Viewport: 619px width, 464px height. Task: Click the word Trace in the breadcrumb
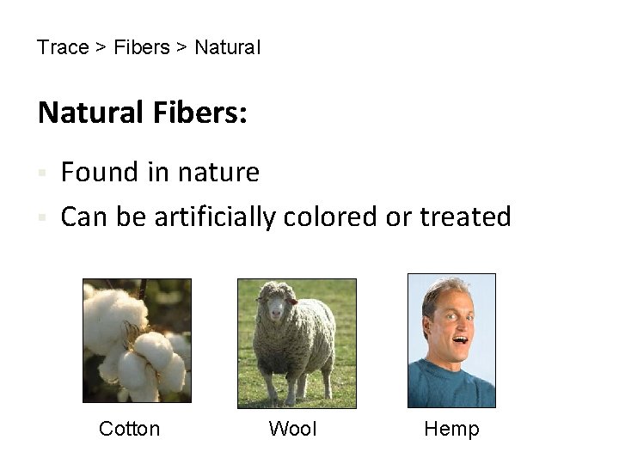pos(63,47)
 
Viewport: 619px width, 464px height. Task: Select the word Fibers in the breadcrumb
pos(142,47)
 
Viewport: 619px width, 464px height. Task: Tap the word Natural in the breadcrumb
pos(227,47)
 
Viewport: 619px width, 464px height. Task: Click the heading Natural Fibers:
pos(142,113)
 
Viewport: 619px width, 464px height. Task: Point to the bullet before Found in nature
pos(41,174)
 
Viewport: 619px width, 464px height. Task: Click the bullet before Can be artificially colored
pos(41,218)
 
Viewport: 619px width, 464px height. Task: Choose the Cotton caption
pos(129,429)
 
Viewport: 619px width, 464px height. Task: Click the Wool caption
pos(292,429)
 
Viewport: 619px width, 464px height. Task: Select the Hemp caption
pos(451,429)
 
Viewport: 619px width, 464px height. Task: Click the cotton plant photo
pos(137,340)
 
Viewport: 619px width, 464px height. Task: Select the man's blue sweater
pos(451,387)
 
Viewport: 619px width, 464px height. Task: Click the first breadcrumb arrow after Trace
pos(101,47)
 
